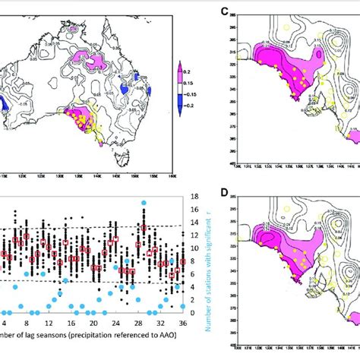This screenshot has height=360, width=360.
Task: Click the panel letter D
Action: [223, 191]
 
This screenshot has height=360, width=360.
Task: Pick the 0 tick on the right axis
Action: [194, 312]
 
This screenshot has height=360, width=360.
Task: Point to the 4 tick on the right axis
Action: [194, 286]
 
